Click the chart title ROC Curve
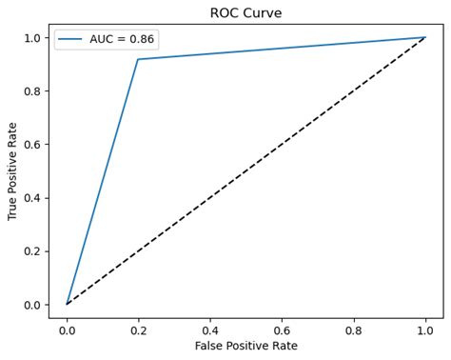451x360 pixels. click(245, 12)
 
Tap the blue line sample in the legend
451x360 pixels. click(72, 39)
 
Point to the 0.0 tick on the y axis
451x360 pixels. click(32, 305)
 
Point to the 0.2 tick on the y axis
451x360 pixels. click(32, 251)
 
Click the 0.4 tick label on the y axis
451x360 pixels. click(32, 198)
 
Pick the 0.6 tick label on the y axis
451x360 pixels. click(32, 145)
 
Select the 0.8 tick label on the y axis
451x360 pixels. click(32, 91)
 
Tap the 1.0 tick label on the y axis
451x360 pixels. click(32, 38)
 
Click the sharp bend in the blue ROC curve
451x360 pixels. click(138, 59)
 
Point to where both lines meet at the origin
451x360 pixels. click(67, 305)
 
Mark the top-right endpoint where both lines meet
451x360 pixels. click(425, 38)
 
